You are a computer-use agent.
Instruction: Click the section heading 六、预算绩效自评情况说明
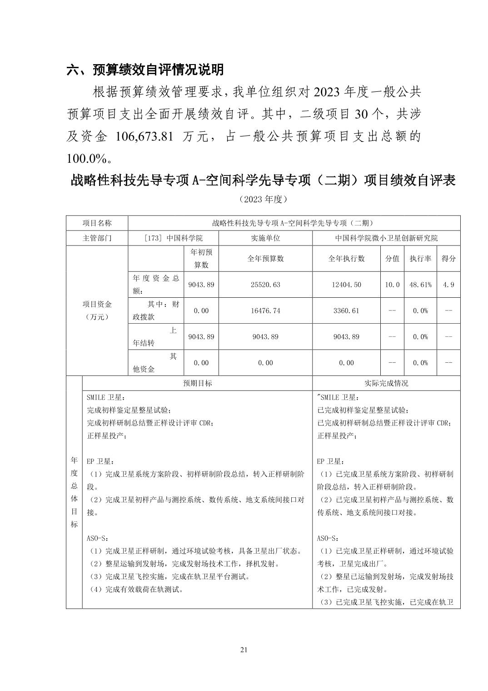(145, 70)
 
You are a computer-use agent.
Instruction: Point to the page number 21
(244, 649)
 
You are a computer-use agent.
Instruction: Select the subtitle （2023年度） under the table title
(263, 199)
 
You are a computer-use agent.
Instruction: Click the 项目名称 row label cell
(97, 223)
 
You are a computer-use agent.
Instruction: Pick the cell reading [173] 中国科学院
(173, 238)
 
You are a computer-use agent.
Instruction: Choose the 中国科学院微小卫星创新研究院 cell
(386, 238)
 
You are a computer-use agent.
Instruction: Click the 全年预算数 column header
(265, 258)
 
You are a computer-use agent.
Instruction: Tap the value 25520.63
(265, 285)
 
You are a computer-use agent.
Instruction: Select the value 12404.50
(346, 285)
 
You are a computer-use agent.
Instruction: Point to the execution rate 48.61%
(420, 285)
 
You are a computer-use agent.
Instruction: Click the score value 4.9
(448, 285)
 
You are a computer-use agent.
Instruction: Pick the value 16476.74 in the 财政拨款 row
(265, 310)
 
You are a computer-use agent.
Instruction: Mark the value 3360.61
(346, 310)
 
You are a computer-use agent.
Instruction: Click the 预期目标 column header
(197, 383)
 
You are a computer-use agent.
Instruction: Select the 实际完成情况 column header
(386, 383)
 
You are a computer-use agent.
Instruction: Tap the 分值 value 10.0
(392, 285)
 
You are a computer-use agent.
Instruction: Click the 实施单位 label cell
(265, 238)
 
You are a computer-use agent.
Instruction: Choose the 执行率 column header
(420, 258)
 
